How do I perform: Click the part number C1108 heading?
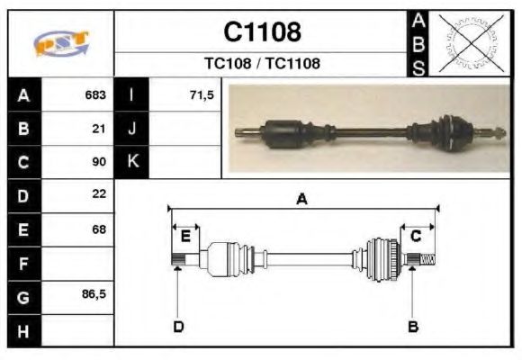coord(262,31)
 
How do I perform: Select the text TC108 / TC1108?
coord(262,63)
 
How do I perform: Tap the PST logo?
coord(61,43)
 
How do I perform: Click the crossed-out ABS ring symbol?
coord(471,43)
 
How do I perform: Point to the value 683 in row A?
coord(95,94)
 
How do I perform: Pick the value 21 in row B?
coord(99,129)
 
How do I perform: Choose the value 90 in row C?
coord(99,161)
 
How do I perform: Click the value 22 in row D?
coord(99,193)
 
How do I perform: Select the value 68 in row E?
coord(99,229)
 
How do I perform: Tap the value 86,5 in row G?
coord(94,294)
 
